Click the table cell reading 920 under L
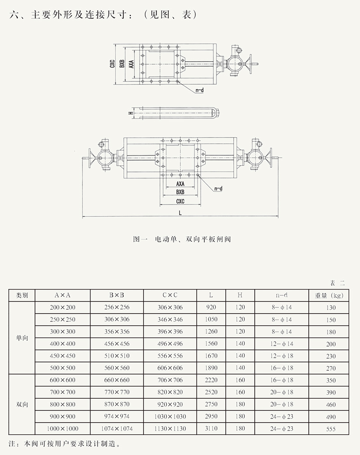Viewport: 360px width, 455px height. pos(211,307)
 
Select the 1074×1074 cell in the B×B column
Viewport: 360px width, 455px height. pos(117,429)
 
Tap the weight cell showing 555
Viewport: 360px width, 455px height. pos(331,429)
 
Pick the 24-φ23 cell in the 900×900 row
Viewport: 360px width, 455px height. pos(282,417)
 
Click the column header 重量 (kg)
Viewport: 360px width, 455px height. pos(331,295)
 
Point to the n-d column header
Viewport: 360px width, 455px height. pos(282,295)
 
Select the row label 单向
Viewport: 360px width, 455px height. pos(22,338)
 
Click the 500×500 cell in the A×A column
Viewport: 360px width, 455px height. pos(63,368)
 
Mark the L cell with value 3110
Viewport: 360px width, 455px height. pos(211,429)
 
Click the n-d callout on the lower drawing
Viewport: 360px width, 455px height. pos(218,189)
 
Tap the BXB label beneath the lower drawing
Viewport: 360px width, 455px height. pos(180,192)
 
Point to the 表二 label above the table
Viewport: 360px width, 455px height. pos(337,283)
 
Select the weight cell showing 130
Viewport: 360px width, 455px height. pos(331,307)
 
